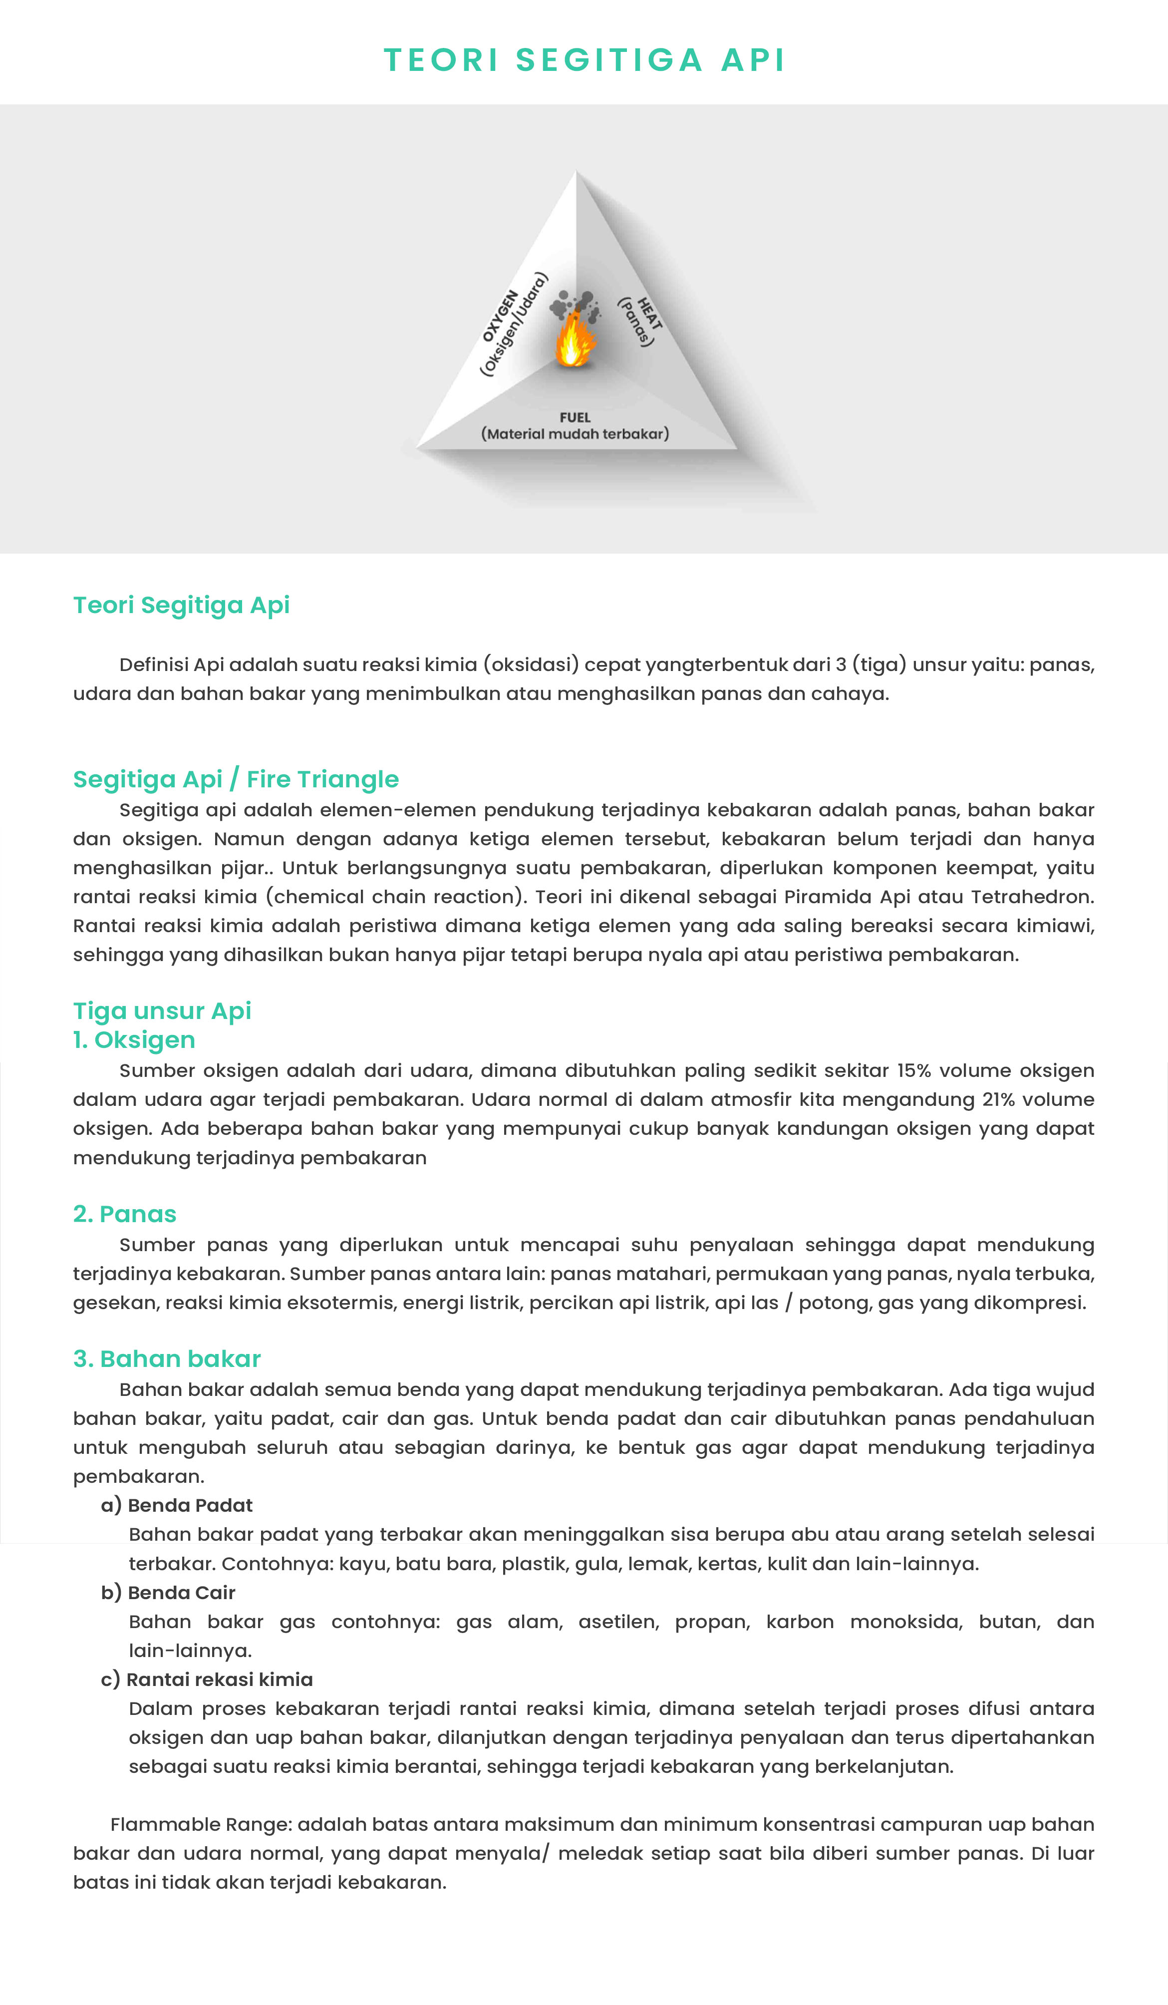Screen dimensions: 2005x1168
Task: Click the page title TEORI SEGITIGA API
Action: (x=584, y=60)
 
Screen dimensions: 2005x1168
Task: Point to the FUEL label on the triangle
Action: (x=575, y=417)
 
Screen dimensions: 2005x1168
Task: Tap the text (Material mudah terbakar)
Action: (x=575, y=434)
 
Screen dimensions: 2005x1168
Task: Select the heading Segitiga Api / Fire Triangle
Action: (x=236, y=779)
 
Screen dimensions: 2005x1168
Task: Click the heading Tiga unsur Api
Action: (x=162, y=1010)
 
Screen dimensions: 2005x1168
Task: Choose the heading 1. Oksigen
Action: (x=134, y=1040)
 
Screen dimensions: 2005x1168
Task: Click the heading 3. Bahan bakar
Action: (x=167, y=1358)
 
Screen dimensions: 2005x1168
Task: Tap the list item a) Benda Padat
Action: (x=177, y=1505)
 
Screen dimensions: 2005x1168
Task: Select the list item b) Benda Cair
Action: (x=169, y=1592)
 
